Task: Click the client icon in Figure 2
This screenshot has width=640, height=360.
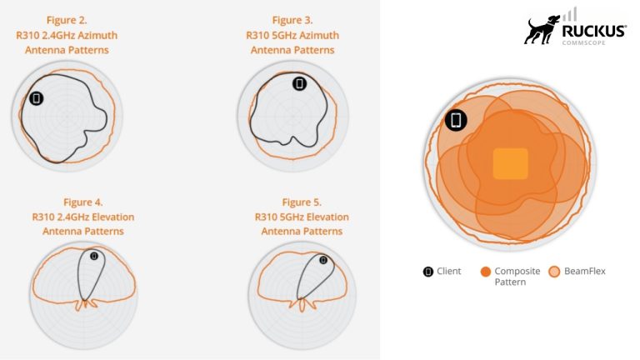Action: click(x=37, y=98)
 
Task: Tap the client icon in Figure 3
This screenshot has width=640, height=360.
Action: click(x=300, y=83)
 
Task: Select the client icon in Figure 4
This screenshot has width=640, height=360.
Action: click(x=94, y=256)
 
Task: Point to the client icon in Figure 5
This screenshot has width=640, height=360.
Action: click(x=323, y=260)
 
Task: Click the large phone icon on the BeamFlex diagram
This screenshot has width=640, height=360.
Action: click(x=456, y=120)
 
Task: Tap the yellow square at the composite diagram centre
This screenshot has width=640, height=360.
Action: click(x=511, y=163)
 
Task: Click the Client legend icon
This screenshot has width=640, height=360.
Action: click(x=428, y=272)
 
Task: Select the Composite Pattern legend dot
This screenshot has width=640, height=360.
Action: click(x=486, y=272)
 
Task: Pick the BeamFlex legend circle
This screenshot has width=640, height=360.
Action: click(x=554, y=272)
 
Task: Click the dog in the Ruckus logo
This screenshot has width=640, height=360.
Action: click(x=542, y=30)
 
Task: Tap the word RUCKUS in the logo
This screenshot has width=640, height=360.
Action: click(x=594, y=32)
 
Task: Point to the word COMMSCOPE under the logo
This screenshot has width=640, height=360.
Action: click(x=583, y=42)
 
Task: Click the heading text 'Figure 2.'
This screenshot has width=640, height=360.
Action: click(x=67, y=20)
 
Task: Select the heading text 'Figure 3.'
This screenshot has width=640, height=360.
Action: click(x=292, y=20)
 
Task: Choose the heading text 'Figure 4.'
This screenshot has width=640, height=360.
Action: click(x=82, y=202)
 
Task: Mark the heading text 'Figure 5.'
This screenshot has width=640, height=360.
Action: click(x=302, y=202)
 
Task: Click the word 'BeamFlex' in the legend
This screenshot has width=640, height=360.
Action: click(x=585, y=272)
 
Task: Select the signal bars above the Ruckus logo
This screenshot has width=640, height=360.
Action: click(x=570, y=14)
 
